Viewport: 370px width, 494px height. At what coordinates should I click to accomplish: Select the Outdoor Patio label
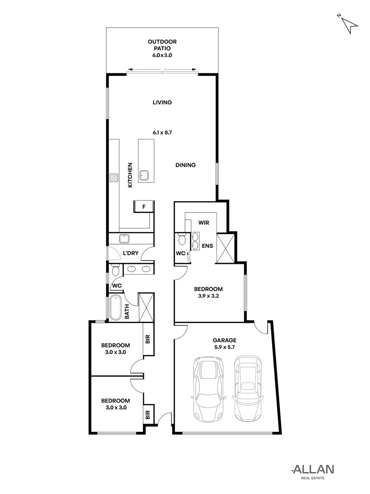[x=162, y=48]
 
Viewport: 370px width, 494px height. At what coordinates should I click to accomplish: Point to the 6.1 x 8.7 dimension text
[x=162, y=133]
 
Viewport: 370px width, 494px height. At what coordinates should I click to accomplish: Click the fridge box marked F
[x=144, y=207]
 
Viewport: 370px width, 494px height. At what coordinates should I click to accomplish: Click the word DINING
[x=185, y=165]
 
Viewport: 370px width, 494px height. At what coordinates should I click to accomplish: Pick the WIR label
[x=204, y=223]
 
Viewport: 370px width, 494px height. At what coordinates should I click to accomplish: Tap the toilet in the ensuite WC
[x=181, y=240]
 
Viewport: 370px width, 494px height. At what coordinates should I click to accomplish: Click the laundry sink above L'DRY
[x=124, y=239]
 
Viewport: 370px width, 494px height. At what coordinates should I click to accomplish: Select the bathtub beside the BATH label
[x=115, y=307]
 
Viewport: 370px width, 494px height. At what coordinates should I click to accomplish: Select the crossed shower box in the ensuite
[x=225, y=248]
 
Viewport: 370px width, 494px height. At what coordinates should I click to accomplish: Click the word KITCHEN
[x=130, y=175]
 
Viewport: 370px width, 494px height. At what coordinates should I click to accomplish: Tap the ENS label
[x=208, y=246]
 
